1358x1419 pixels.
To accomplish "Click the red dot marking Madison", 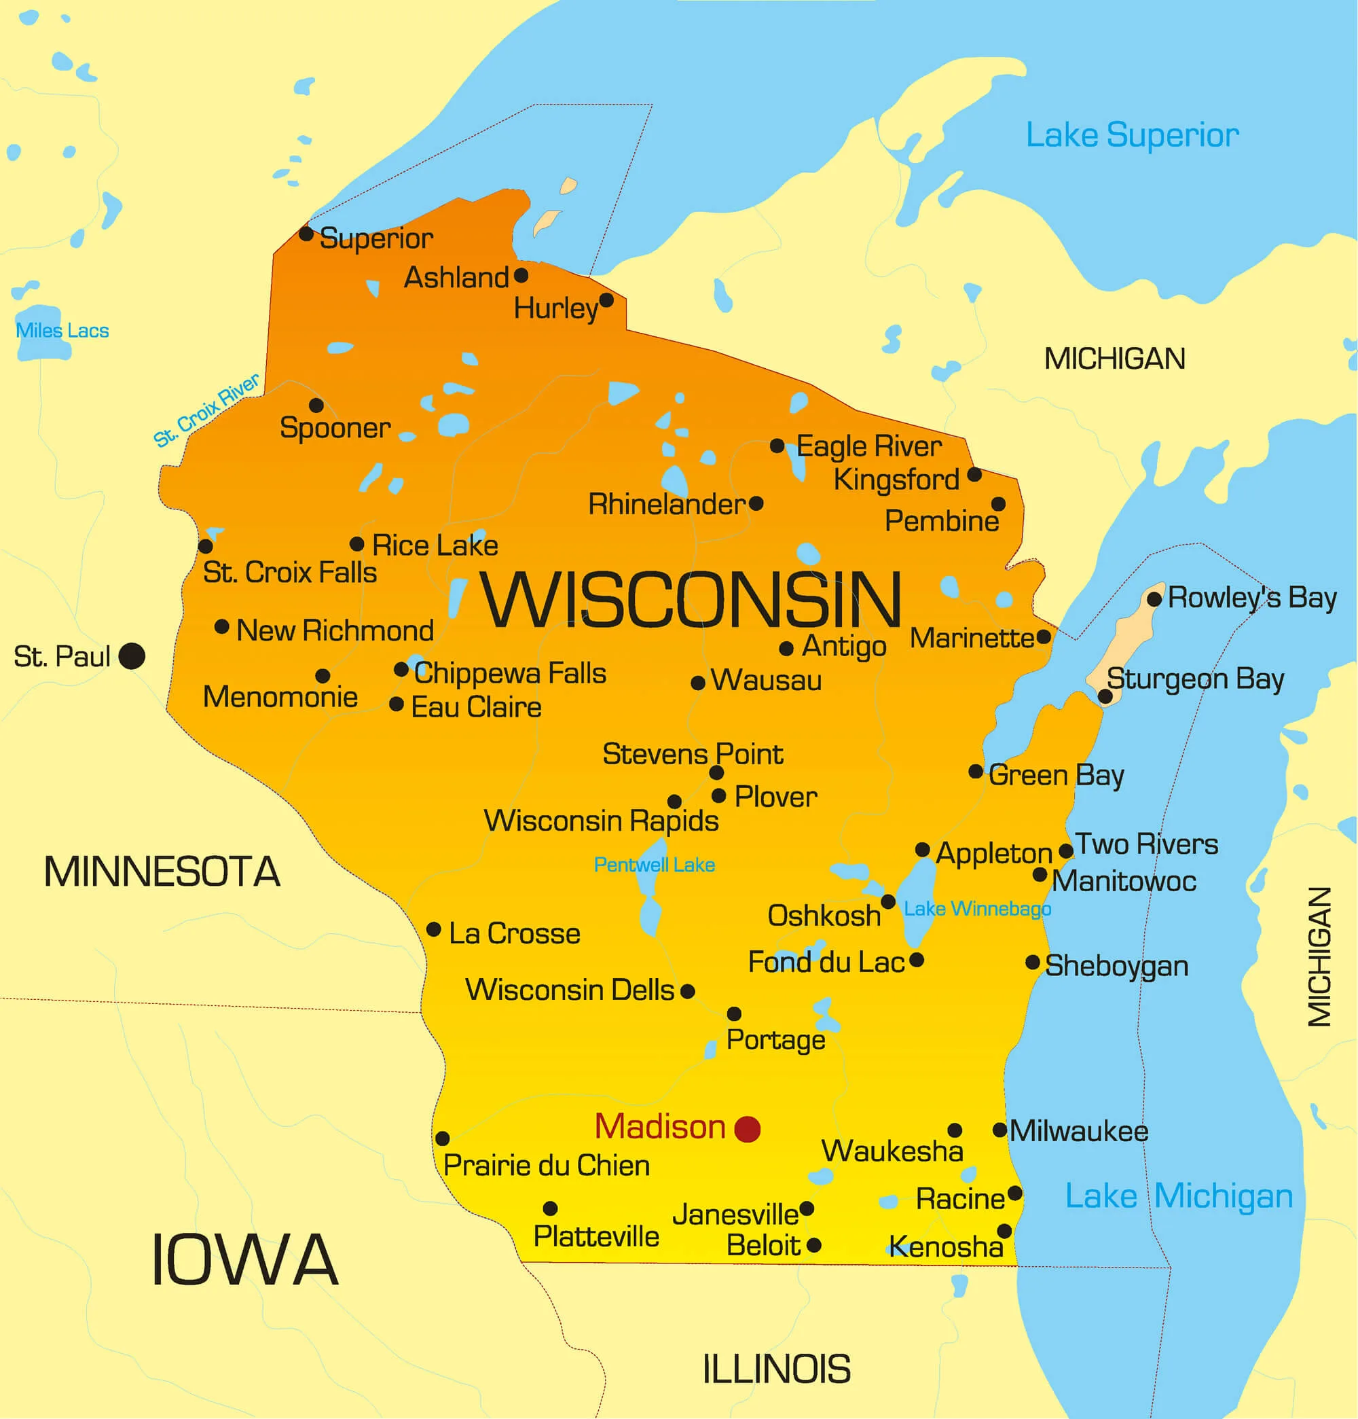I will point(747,1129).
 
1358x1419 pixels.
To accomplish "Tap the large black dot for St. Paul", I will point(132,656).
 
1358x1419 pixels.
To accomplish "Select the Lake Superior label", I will point(1132,135).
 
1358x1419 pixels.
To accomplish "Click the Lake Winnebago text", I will point(977,909).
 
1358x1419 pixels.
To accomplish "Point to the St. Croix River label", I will point(206,410).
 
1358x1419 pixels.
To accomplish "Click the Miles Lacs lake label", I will point(62,331).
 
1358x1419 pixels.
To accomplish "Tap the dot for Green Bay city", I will point(976,772).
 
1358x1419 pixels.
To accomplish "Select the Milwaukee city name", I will point(1078,1132).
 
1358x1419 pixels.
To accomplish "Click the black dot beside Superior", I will point(306,234).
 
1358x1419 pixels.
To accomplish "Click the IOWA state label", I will point(244,1261).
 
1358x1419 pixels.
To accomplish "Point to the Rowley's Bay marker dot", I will point(1154,598).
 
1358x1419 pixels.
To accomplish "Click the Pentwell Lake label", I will point(654,865).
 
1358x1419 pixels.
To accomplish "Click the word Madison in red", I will point(659,1127).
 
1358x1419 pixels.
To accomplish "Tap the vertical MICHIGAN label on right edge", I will point(1319,956).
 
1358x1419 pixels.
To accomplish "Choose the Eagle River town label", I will point(868,447).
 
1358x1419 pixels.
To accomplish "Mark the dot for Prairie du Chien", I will point(442,1139).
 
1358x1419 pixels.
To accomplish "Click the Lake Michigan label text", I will point(1179,1197).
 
